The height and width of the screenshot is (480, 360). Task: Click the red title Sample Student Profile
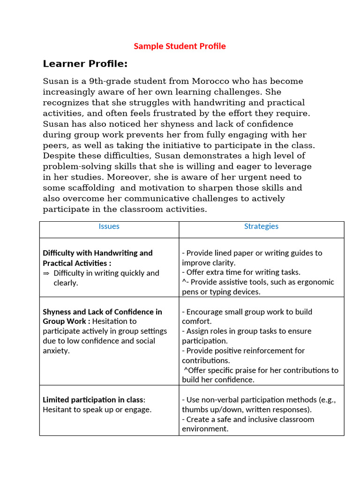[180, 46]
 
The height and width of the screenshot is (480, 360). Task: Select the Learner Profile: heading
[85, 64]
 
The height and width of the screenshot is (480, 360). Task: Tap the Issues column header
[109, 226]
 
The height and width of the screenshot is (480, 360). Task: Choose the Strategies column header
[261, 226]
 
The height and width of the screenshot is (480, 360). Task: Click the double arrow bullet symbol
[46, 273]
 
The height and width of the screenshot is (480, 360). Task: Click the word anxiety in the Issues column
[56, 351]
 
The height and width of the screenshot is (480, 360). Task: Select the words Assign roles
[205, 331]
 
